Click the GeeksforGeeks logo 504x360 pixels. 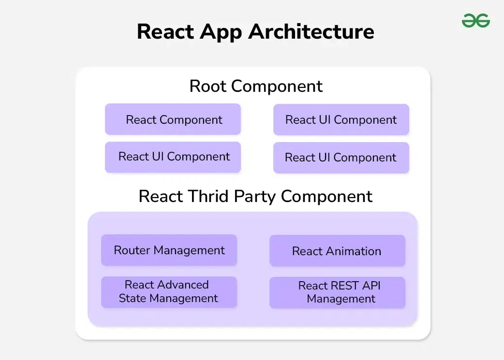pyautogui.click(x=475, y=21)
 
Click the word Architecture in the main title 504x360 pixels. pyautogui.click(x=311, y=32)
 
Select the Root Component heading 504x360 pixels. pyautogui.click(x=256, y=86)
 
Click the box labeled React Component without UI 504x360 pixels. pyautogui.click(x=173, y=119)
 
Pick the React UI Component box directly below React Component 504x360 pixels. pyautogui.click(x=173, y=157)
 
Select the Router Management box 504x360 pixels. pyautogui.click(x=169, y=250)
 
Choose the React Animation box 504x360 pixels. pyautogui.click(x=337, y=251)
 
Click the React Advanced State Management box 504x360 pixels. pyautogui.click(x=169, y=292)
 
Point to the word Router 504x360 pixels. pyautogui.click(x=131, y=250)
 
